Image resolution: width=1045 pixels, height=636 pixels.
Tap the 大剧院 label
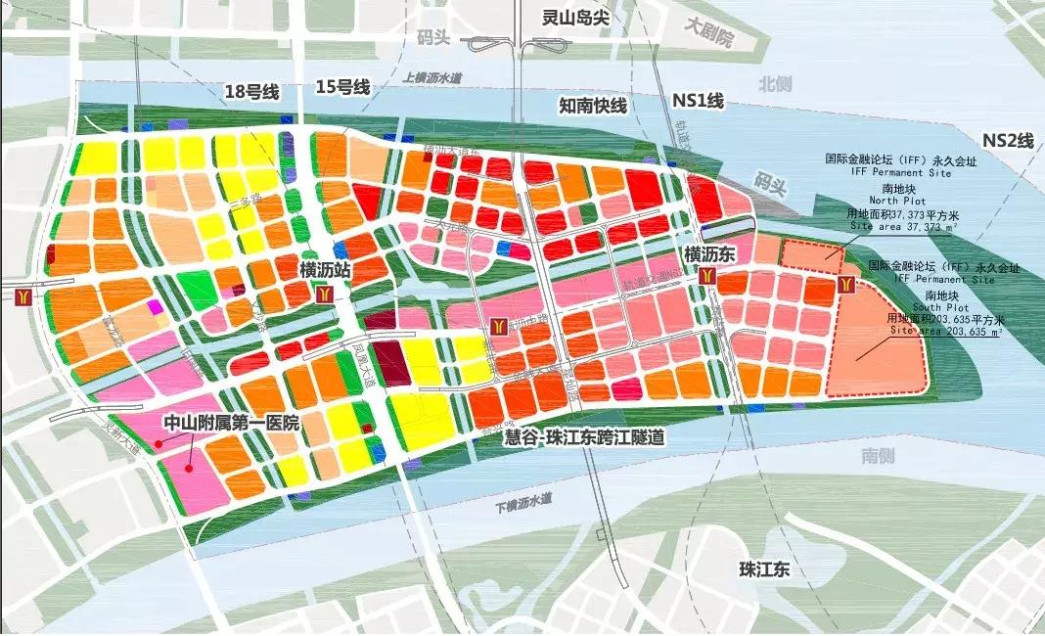[708, 37]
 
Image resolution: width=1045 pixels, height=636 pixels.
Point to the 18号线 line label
[251, 92]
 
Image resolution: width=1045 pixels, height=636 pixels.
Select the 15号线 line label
[341, 87]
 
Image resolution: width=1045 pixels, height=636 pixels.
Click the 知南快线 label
[592, 105]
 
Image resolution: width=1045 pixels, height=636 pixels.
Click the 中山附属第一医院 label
[230, 424]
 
